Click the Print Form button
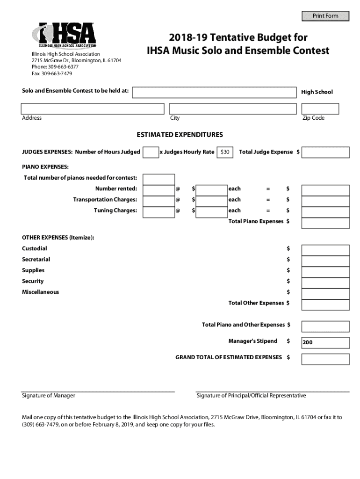point(325,16)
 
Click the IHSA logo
point(64,36)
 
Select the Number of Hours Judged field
point(151,152)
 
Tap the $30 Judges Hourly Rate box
point(225,152)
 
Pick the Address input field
point(93,109)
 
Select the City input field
point(233,109)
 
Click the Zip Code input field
point(320,109)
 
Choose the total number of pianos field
point(158,179)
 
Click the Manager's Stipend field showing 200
point(325,342)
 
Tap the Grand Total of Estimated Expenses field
point(325,359)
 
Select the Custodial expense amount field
point(325,250)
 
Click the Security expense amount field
point(325,283)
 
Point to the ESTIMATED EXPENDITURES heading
point(180,135)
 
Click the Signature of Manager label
point(49,396)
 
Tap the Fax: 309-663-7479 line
point(52,74)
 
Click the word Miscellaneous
point(41,292)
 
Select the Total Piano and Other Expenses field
point(325,326)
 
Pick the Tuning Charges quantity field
point(158,212)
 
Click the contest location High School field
point(214,92)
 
